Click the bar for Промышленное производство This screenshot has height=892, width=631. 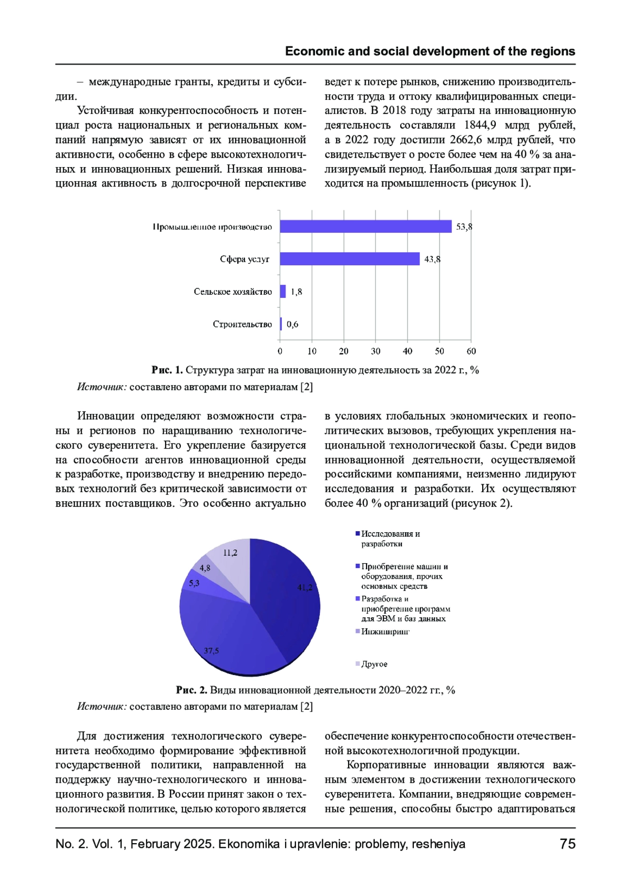[x=365, y=226]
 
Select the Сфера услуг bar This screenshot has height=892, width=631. [x=350, y=259]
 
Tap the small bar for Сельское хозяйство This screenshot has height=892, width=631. [x=283, y=292]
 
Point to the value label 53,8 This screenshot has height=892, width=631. [x=464, y=227]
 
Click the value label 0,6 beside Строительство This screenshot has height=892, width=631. [x=292, y=325]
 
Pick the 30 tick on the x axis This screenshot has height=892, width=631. [x=375, y=351]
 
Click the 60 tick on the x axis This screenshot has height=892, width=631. [x=471, y=351]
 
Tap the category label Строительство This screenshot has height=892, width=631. [x=242, y=325]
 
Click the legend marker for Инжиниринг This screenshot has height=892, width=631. [x=358, y=631]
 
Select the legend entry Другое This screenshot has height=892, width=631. [x=374, y=665]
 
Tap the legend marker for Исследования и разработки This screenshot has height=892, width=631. [x=358, y=534]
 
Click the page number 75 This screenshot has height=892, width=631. [x=567, y=844]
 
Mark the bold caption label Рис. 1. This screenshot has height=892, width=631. [x=167, y=370]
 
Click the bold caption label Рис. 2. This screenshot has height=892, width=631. [x=191, y=690]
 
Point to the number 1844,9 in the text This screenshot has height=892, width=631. [x=480, y=126]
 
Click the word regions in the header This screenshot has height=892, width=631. [x=553, y=51]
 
